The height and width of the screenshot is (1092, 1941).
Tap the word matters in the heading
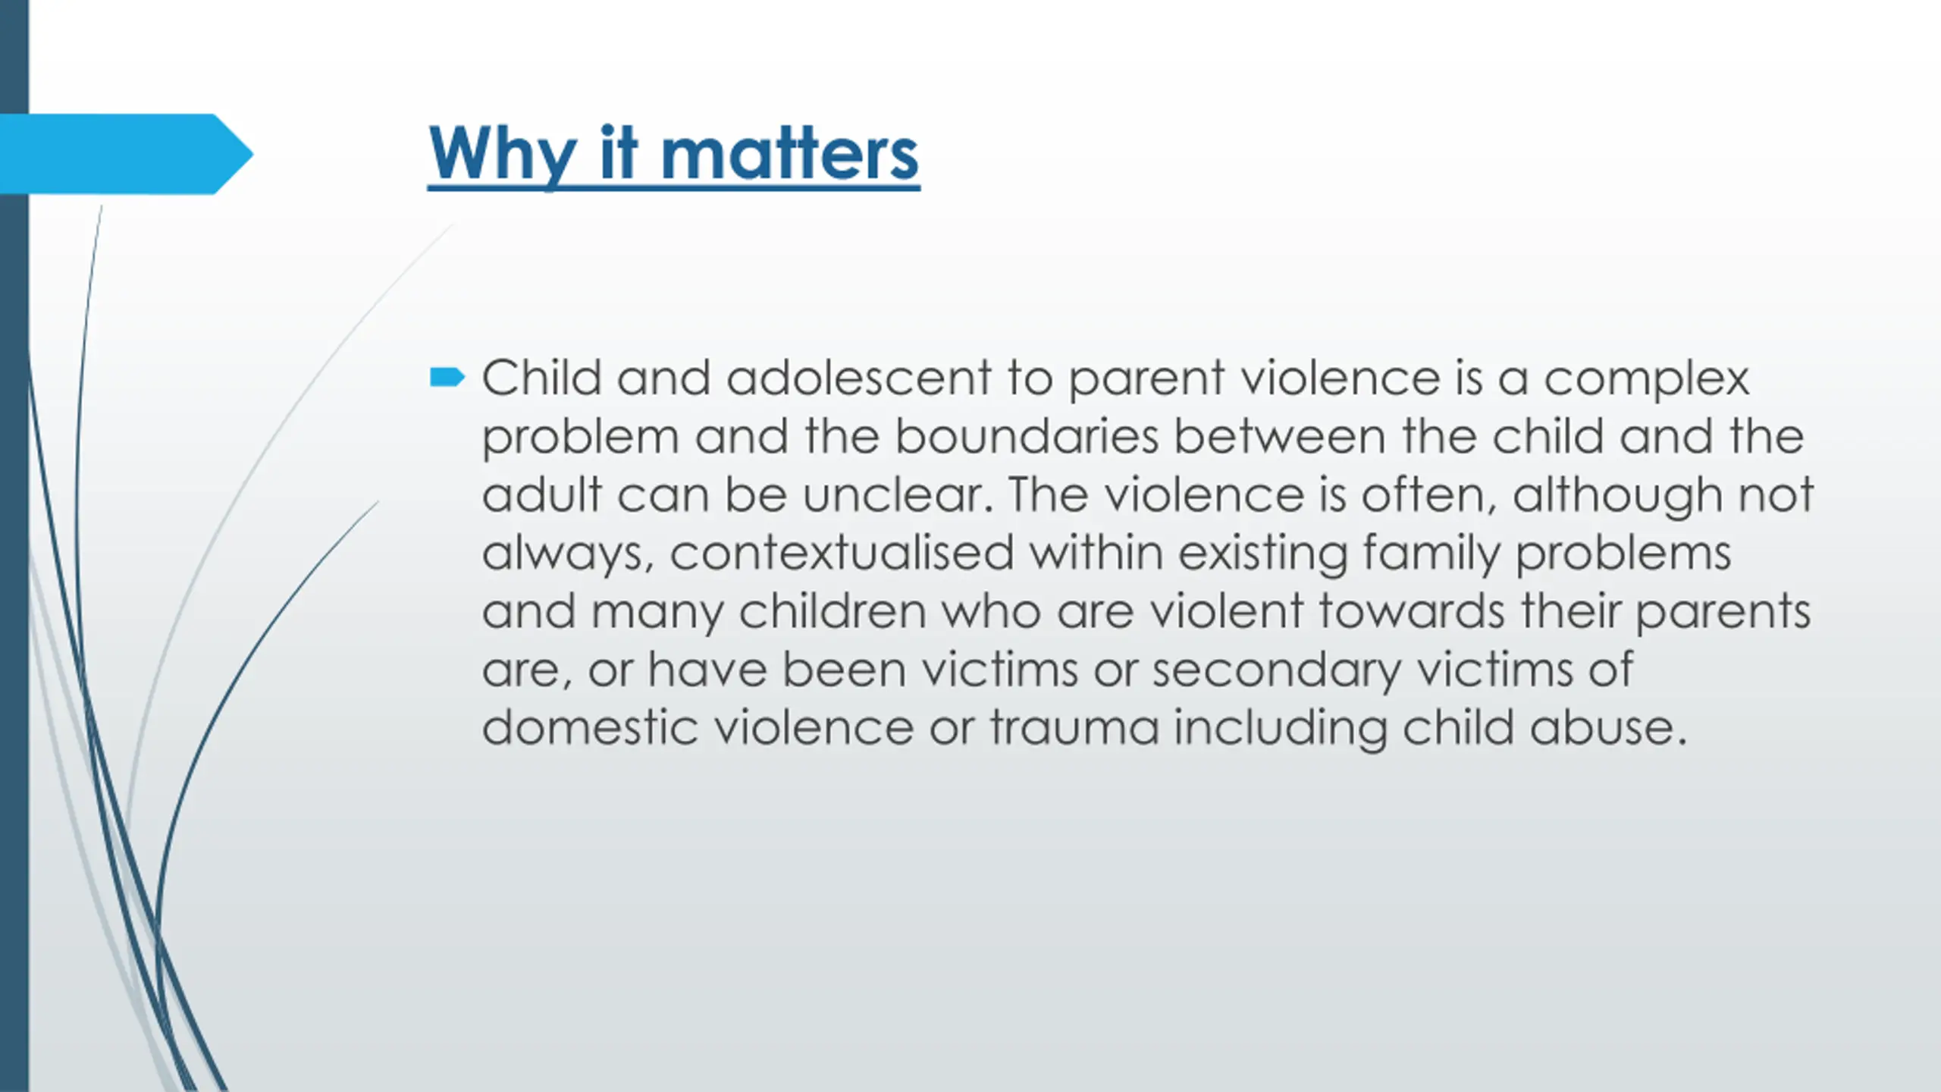[789, 155]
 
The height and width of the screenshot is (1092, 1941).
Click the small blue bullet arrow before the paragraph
[447, 377]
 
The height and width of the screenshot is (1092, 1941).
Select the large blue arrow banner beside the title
[126, 154]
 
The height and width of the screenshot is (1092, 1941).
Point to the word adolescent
[859, 378]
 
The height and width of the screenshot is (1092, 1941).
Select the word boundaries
[1027, 436]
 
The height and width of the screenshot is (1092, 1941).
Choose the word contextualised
[842, 553]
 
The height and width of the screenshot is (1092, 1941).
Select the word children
[833, 611]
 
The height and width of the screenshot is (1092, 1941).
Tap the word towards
[1412, 611]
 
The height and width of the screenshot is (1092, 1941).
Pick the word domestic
[590, 728]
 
